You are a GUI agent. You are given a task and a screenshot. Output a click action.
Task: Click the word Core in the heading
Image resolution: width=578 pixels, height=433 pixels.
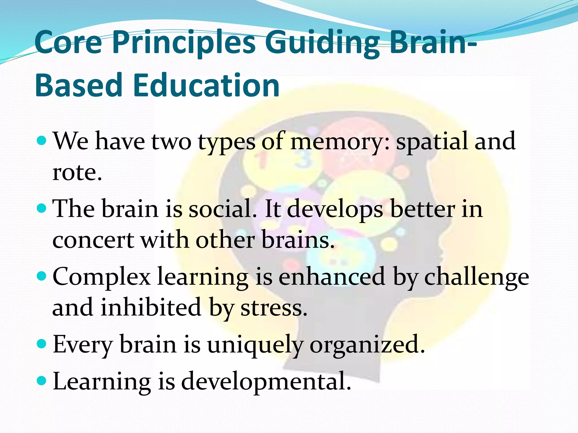68,43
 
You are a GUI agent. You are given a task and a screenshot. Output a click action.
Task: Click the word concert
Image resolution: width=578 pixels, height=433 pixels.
93,240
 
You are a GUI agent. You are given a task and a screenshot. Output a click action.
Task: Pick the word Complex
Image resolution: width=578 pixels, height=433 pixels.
102,277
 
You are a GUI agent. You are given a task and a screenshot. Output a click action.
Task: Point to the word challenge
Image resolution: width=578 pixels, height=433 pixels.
477,277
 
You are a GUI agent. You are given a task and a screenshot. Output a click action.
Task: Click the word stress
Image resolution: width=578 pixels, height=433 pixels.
273,308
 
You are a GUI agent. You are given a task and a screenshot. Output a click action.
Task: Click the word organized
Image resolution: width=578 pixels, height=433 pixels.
367,345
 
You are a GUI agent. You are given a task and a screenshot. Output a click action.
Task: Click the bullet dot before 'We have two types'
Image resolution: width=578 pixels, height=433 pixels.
41,140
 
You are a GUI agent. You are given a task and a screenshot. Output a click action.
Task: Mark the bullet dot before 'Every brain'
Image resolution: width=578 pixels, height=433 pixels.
41,344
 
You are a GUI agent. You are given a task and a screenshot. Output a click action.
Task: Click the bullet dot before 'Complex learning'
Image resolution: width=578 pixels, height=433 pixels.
41,276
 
